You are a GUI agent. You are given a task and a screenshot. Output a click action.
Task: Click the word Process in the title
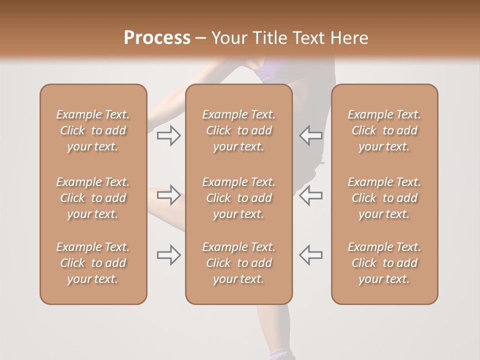(157, 38)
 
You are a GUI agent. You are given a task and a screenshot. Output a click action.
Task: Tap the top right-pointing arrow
(169, 135)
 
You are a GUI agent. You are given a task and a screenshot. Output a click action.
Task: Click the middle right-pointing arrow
(169, 195)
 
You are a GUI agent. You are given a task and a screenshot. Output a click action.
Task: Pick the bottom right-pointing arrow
(169, 255)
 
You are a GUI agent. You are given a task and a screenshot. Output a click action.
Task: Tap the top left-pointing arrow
(310, 135)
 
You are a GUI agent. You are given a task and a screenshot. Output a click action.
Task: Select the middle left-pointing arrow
(310, 195)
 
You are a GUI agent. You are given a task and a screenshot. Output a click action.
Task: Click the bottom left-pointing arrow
(310, 255)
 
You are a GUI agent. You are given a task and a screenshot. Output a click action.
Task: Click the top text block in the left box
(93, 130)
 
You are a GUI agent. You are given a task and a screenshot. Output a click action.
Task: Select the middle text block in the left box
(93, 198)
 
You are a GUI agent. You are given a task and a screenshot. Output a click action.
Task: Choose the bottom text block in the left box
(93, 263)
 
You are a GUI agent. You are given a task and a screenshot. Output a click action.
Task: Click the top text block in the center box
(238, 130)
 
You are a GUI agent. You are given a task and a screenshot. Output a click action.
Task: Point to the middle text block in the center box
(238, 198)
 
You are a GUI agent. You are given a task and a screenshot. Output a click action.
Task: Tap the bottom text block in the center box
(238, 263)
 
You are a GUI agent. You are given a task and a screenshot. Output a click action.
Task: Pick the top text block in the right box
(384, 130)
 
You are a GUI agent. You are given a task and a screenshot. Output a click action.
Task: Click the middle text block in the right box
(384, 198)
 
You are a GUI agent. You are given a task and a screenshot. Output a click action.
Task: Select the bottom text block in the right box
(384, 263)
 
